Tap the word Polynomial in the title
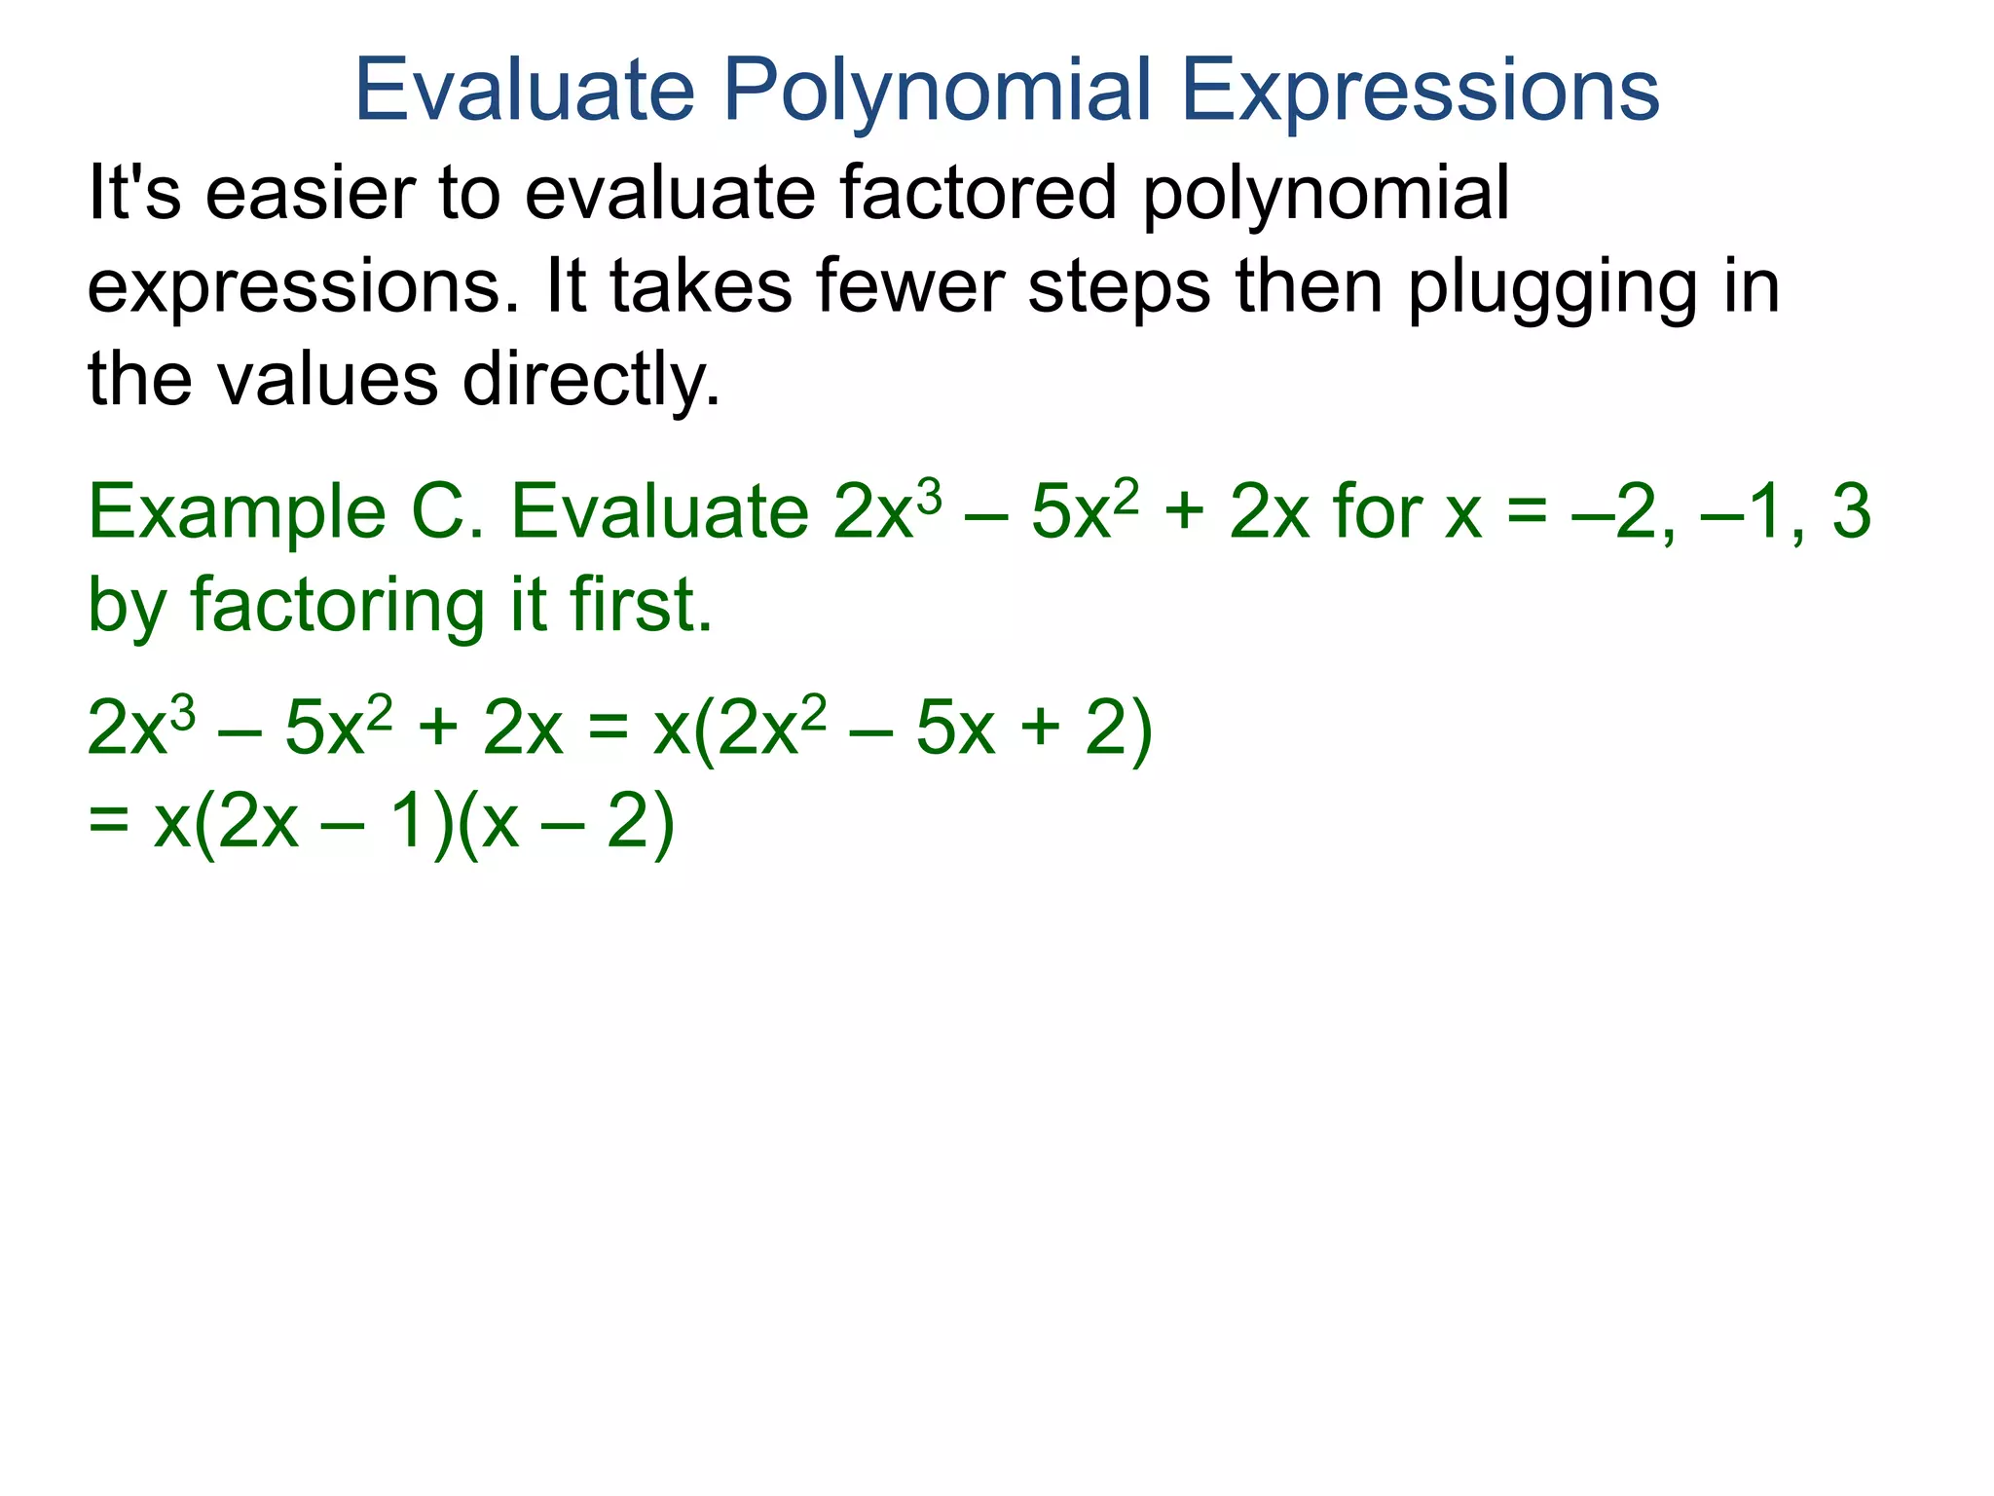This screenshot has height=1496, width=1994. (938, 90)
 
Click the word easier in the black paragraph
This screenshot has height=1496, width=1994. (310, 193)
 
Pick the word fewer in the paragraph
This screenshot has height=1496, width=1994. (910, 286)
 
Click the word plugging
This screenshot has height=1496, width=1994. (1553, 288)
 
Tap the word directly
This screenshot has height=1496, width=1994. (591, 380)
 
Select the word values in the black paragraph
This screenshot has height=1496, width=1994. (327, 380)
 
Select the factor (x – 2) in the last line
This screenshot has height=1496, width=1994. (565, 822)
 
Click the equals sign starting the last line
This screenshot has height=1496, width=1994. (108, 822)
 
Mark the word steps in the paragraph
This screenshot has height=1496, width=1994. (1119, 288)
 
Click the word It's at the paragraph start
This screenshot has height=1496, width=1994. (134, 193)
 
